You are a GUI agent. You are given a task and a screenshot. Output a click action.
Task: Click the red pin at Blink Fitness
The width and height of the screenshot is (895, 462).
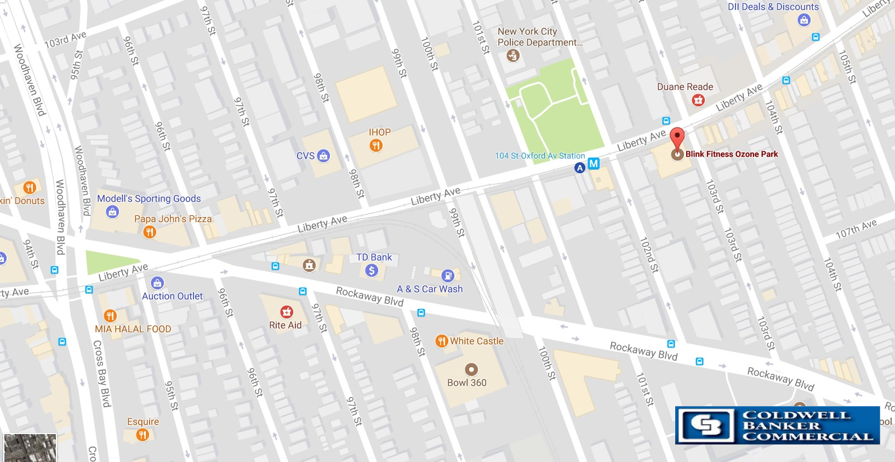point(678,137)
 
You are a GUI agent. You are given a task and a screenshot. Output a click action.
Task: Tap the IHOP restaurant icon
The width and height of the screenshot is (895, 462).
point(376,145)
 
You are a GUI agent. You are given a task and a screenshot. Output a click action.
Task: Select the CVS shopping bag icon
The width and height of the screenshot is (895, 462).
point(324,156)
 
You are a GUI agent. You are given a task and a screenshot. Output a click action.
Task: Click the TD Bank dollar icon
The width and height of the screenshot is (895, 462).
point(372,270)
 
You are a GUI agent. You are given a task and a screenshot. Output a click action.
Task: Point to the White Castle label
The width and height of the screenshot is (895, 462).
point(476,341)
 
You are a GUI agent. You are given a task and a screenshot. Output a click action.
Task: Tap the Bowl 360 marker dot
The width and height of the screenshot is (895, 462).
point(471,369)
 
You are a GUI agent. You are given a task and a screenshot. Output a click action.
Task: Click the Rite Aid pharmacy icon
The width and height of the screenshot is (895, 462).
point(286,312)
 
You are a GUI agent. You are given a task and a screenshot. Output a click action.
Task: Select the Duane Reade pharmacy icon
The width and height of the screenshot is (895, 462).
point(698,100)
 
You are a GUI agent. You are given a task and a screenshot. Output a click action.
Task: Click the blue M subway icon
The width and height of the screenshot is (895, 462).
point(594,163)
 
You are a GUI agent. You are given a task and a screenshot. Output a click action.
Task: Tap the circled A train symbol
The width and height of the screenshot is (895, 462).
point(579,168)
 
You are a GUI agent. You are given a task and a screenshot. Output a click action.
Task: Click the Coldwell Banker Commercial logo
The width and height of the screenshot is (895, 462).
point(777,425)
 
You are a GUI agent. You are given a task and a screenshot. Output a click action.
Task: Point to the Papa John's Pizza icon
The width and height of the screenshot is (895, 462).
point(150,232)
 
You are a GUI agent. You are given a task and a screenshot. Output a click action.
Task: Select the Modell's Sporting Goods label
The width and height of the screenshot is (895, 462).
point(149,198)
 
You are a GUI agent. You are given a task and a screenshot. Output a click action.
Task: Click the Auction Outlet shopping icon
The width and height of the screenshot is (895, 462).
point(157,283)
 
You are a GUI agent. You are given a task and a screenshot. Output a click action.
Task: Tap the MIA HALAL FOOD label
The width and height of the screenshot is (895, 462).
point(133,329)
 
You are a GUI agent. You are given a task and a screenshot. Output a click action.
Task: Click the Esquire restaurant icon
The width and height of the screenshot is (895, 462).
point(142,435)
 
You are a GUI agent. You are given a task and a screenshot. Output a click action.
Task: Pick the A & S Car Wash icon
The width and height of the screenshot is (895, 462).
point(448,275)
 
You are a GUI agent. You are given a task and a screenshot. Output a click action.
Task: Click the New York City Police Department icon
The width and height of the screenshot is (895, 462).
point(513,55)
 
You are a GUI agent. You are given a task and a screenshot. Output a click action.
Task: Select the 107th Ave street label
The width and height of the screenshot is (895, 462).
point(856,229)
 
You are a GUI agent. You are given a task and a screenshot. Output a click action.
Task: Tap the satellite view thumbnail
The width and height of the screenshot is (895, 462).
point(30,448)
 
